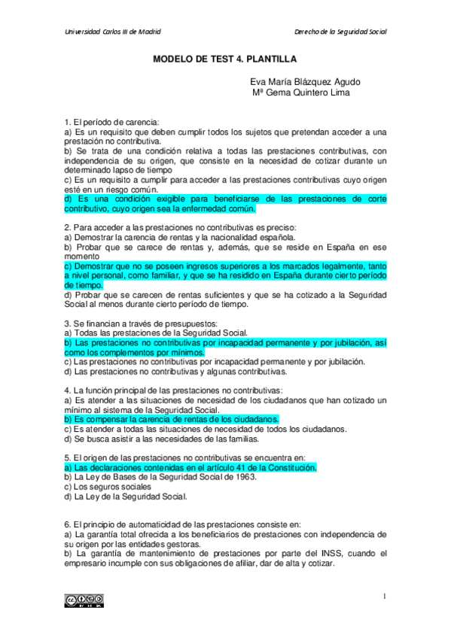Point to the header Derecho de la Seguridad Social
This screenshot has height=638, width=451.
(x=340, y=32)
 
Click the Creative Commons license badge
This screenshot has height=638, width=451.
(x=84, y=600)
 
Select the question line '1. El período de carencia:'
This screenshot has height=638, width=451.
(x=111, y=122)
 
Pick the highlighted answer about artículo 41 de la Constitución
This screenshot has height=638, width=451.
(x=190, y=467)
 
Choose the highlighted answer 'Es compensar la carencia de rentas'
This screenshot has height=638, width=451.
(x=172, y=419)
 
